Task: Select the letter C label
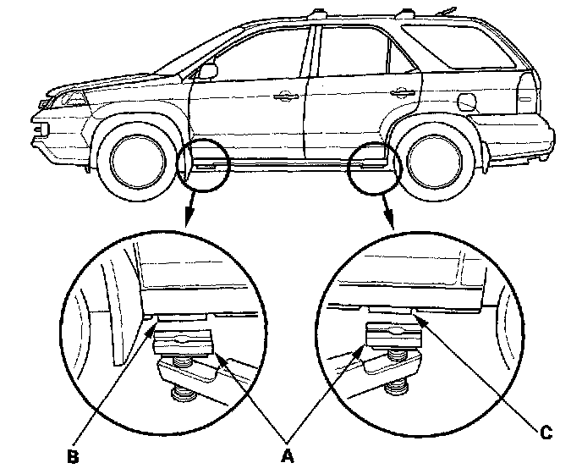click(546, 433)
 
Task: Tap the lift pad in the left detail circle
click(183, 341)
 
